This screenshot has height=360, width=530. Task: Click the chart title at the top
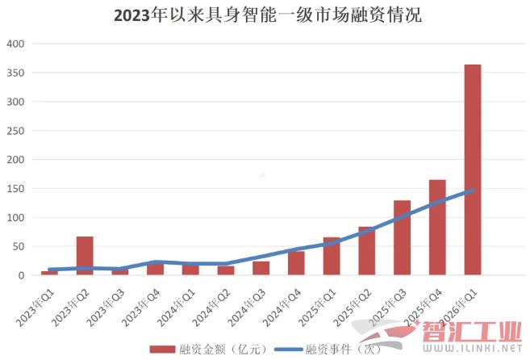click(267, 15)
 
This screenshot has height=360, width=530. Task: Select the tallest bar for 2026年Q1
click(472, 170)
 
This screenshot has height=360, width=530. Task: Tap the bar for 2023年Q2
click(85, 256)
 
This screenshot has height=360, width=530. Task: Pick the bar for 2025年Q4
click(437, 228)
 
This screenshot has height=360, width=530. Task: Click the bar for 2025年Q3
click(402, 238)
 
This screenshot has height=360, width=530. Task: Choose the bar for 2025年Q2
click(366, 251)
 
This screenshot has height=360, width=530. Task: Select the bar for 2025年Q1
click(332, 257)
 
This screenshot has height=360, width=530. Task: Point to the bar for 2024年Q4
click(296, 263)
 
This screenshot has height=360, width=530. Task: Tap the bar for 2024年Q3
click(261, 268)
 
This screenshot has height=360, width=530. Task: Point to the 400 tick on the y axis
click(15, 44)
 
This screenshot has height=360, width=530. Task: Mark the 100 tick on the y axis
click(15, 218)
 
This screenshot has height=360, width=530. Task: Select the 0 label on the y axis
click(22, 275)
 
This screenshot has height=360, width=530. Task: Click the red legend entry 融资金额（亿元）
click(198, 350)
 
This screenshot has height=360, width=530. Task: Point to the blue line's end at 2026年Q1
click(472, 190)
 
